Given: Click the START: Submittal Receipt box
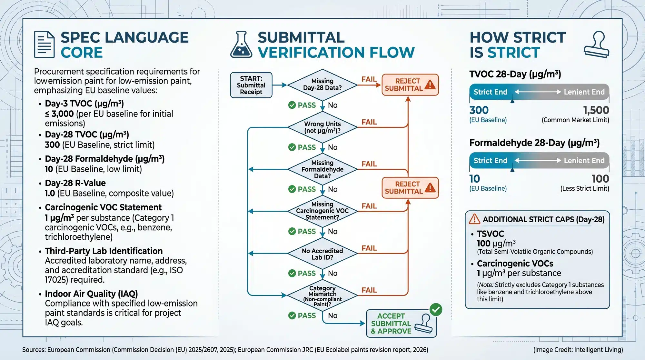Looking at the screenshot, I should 251,85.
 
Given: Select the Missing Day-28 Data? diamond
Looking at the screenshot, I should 322,85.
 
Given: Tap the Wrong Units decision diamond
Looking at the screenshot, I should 322,127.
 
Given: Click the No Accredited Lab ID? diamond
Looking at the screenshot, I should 322,254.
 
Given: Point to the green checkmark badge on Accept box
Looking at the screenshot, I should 436,310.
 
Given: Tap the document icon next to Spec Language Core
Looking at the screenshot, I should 44,45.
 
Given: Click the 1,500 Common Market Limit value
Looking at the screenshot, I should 596,110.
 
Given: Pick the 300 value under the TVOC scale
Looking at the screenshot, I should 479,110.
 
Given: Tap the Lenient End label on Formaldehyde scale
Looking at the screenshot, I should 584,161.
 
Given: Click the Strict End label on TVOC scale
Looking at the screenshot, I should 490,92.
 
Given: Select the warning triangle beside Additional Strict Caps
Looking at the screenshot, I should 474,219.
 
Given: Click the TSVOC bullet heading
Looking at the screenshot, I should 490,234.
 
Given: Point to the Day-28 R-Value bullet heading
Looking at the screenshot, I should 75,183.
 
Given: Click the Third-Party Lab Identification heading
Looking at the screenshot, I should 104,251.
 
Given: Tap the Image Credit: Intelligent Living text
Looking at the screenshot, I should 578,350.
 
